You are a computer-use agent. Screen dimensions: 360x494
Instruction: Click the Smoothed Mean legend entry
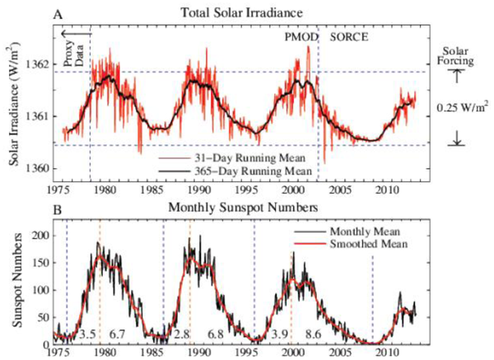pyautogui.click(x=366, y=245)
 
